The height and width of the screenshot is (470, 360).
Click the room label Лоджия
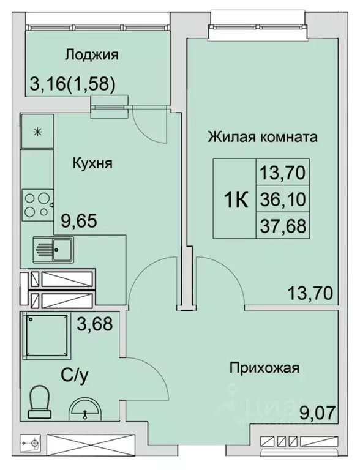91,54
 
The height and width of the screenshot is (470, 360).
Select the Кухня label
92,163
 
